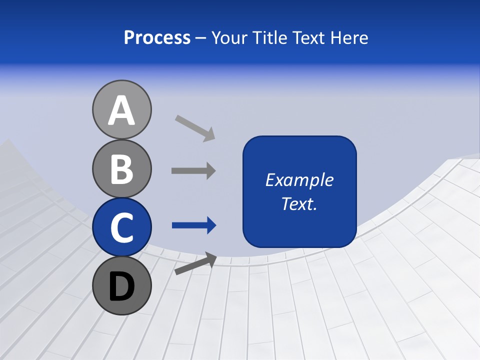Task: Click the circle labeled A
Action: point(121,109)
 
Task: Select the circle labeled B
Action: point(121,168)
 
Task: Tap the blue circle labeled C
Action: point(121,227)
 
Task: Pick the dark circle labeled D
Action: point(121,286)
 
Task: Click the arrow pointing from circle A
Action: point(195,127)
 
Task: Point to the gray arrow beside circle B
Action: point(193,170)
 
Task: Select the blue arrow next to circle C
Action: point(193,225)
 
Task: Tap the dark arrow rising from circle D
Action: point(195,263)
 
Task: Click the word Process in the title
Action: point(157,37)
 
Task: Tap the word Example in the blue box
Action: point(299,180)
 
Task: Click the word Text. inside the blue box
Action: point(299,203)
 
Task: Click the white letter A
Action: point(121,111)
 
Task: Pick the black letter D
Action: point(121,287)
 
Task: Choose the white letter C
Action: point(121,228)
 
